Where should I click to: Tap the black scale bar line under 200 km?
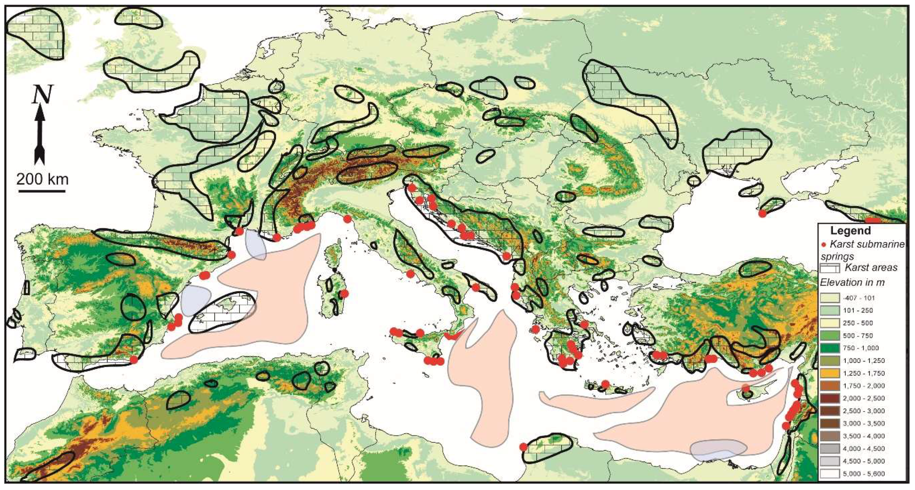coord(42,191)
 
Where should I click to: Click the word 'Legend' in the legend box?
coord(850,231)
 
